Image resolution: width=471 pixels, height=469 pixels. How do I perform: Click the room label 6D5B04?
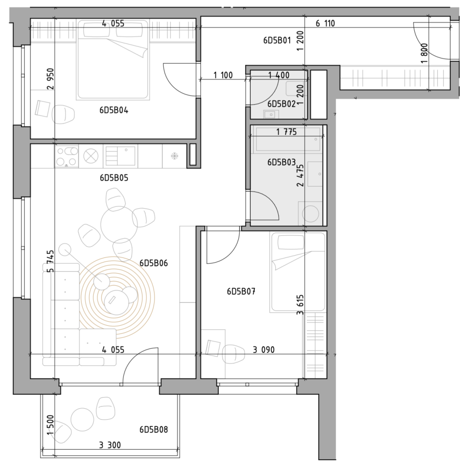pos(114,111)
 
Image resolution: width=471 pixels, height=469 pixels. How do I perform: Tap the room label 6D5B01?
pos(277,40)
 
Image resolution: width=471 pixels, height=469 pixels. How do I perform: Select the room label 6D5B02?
pos(281,104)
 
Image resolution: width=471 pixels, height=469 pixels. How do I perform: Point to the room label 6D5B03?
pos(281,163)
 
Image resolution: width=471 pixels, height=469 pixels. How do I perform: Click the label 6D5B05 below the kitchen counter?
pos(114,178)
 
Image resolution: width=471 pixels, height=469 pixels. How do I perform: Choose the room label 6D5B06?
pos(154,263)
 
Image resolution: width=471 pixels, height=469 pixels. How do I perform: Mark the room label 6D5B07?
pos(241,292)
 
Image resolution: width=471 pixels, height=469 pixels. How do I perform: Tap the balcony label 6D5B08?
pos(154,429)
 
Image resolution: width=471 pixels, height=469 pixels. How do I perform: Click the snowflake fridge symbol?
pos(174,156)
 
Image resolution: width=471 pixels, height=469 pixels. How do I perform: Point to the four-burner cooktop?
pos(66,156)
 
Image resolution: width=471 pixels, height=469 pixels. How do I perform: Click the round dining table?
pos(119,224)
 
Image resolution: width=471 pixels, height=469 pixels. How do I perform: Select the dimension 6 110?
pos(325,23)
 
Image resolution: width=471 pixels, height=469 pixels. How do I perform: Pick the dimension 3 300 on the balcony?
pos(110,445)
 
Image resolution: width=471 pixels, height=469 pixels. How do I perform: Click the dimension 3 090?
pos(264,350)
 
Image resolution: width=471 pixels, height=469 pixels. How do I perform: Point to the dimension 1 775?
pos(286,132)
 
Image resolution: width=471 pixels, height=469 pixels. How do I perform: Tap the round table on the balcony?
pos(82,419)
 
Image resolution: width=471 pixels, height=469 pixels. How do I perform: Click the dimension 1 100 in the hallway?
pos(223,75)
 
